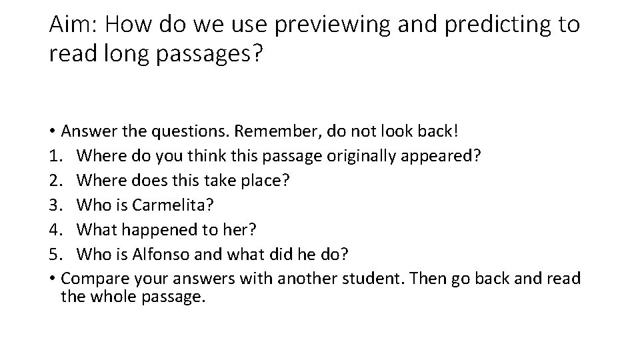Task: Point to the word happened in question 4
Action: pos(161,229)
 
